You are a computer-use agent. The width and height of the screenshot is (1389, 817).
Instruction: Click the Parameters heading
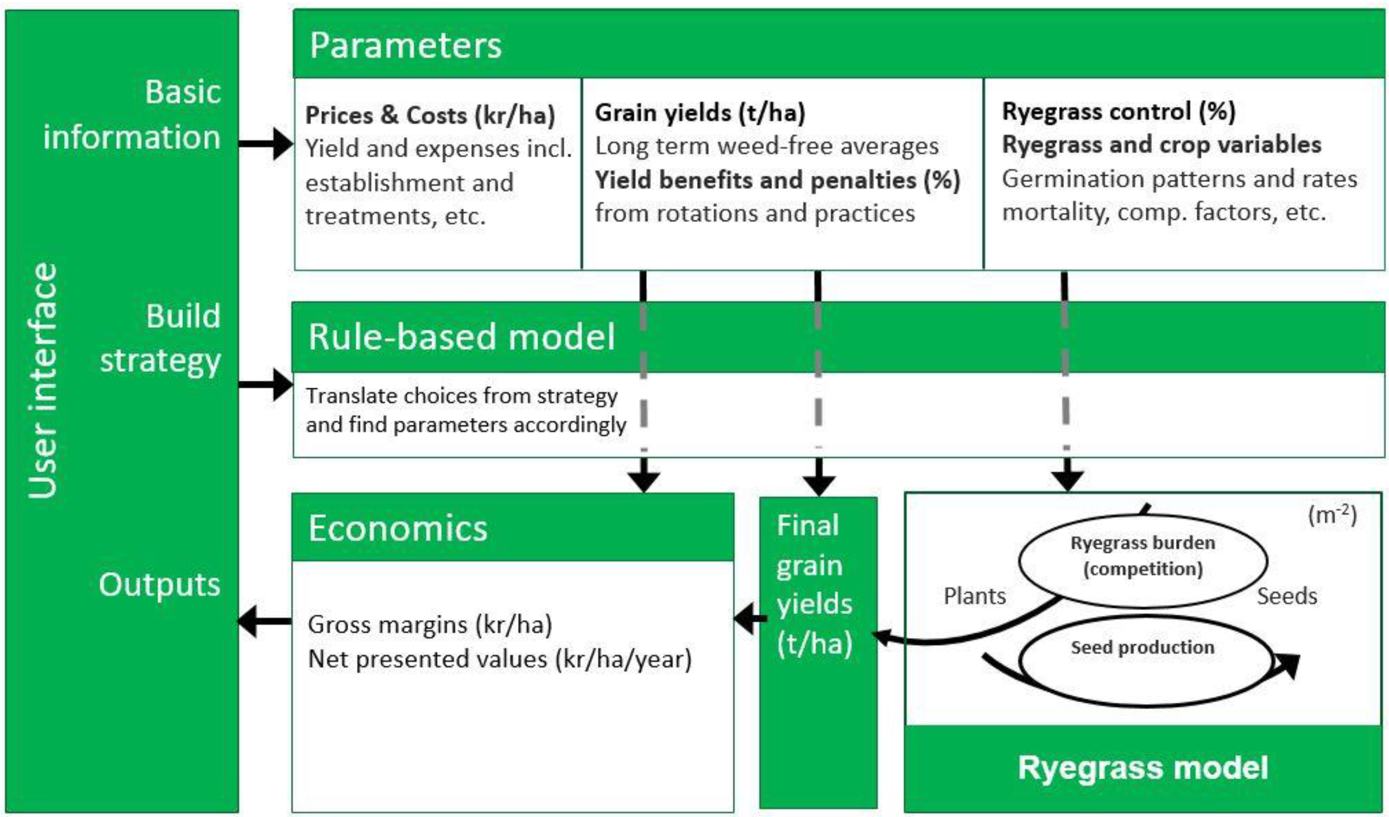pos(405,45)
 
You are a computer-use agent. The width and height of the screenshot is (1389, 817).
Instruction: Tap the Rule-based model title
pos(462,336)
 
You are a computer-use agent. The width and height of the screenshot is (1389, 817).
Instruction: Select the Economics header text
pos(398,528)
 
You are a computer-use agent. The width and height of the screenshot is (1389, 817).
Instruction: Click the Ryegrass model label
pos(1143,768)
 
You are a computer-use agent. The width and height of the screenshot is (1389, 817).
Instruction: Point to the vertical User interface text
pos(43,381)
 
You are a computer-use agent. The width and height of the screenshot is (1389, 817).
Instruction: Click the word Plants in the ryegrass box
pos(974,596)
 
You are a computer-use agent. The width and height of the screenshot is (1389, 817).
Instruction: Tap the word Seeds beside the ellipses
pos(1287,596)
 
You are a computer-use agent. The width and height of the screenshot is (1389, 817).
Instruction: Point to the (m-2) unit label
pos(1332,515)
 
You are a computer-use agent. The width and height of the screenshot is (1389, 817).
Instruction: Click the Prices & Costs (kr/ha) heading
pos(430,115)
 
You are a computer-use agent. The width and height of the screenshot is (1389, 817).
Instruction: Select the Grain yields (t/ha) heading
pos(700,113)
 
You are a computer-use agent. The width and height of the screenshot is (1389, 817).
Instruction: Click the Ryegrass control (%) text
pos(1118,111)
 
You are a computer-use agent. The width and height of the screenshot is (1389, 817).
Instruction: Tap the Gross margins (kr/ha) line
pos(430,625)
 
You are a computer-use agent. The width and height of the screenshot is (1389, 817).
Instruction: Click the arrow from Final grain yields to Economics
pos(749,619)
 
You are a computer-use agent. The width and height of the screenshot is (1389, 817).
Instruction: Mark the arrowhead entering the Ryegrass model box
pos(1067,481)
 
